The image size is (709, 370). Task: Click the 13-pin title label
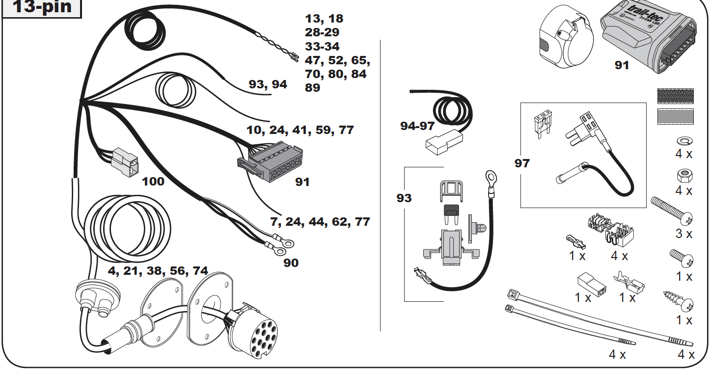pyautogui.click(x=41, y=7)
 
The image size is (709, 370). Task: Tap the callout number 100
pyautogui.click(x=153, y=182)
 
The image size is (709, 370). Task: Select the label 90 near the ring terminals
pyautogui.click(x=291, y=263)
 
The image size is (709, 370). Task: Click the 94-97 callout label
pyautogui.click(x=417, y=126)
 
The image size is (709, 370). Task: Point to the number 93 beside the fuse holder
pyautogui.click(x=404, y=198)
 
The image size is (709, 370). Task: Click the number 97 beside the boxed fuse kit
pyautogui.click(x=522, y=163)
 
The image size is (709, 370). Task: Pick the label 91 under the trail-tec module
pyautogui.click(x=622, y=65)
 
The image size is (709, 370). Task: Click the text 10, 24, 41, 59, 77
pyautogui.click(x=300, y=130)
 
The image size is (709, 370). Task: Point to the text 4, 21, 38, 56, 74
pyautogui.click(x=158, y=270)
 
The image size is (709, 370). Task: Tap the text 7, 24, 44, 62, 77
pyautogui.click(x=320, y=222)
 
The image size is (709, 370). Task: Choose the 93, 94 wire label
pyautogui.click(x=268, y=84)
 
